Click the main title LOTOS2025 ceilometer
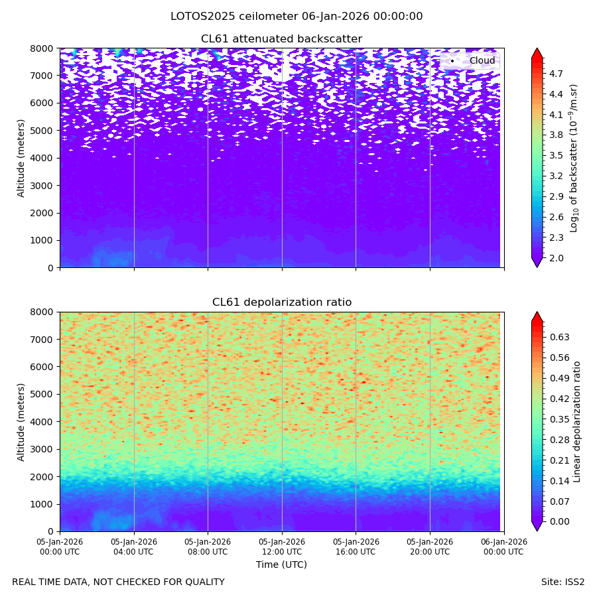click(297, 17)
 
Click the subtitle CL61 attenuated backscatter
click(282, 39)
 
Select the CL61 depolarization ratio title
click(282, 302)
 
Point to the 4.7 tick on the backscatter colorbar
click(557, 74)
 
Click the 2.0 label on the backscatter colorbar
click(557, 258)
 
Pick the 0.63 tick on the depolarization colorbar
click(560, 337)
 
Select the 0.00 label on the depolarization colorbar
click(560, 521)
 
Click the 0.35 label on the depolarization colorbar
click(560, 419)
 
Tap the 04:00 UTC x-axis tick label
click(134, 547)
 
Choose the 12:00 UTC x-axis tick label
click(282, 547)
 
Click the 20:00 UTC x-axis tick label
click(430, 547)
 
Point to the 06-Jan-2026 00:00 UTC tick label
click(504, 547)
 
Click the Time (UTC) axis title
click(282, 564)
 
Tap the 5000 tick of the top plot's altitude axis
click(44, 131)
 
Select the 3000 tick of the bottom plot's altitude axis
click(44, 449)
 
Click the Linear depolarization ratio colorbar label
click(577, 421)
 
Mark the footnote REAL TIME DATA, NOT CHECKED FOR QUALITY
click(118, 582)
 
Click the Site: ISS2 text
click(563, 582)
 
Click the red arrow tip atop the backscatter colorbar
click(537, 51)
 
